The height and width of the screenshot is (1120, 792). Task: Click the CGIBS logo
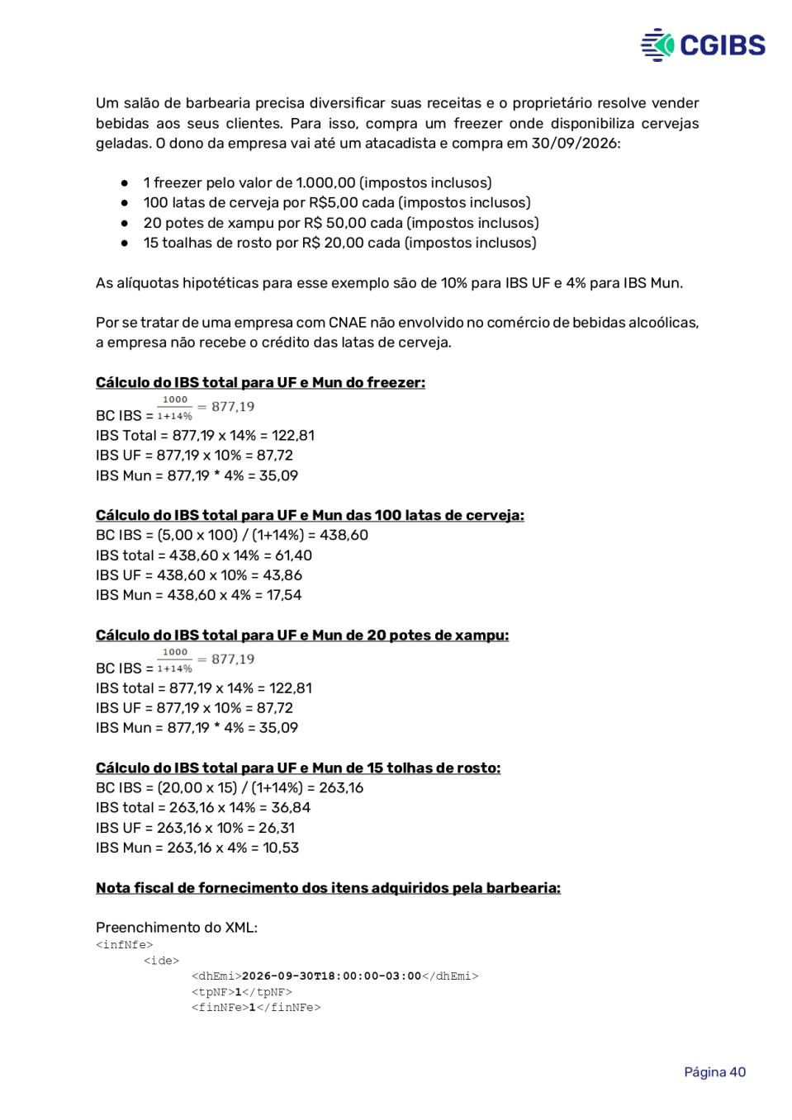point(703,45)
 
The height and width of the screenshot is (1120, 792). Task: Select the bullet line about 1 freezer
point(317,183)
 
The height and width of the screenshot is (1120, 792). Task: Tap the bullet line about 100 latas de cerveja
point(337,203)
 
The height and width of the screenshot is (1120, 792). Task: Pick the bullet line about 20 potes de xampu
point(340,223)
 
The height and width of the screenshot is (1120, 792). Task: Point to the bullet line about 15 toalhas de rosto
point(339,243)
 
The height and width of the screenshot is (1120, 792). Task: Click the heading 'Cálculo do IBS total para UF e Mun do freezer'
point(260,383)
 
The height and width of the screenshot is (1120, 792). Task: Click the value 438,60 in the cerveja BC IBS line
point(344,536)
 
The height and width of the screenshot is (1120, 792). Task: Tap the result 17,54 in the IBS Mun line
point(283,595)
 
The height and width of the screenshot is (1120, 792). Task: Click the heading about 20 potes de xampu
point(301,636)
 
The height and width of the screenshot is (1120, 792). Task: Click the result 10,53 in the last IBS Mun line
point(281,848)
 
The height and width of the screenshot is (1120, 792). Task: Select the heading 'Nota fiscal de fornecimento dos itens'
point(328,888)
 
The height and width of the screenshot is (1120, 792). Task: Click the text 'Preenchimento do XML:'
point(176,928)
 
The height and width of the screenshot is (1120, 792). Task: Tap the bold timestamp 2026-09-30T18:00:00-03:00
point(331,976)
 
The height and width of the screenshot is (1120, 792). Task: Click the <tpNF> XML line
point(241,992)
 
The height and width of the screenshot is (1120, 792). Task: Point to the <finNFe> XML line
point(256,1008)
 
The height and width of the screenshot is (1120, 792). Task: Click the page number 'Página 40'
point(714,1072)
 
